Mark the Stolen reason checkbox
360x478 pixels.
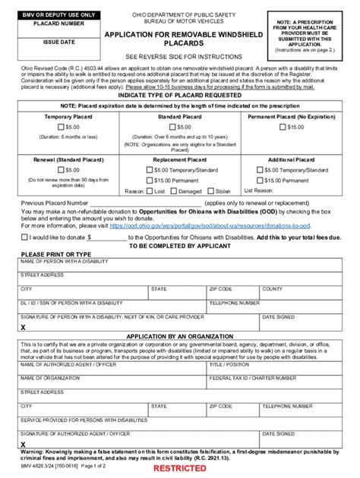point(210,191)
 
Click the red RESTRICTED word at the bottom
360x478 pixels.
point(180,469)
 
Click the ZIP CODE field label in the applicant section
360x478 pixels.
point(221,289)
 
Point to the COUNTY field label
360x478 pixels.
point(272,289)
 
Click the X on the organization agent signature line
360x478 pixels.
point(24,445)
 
